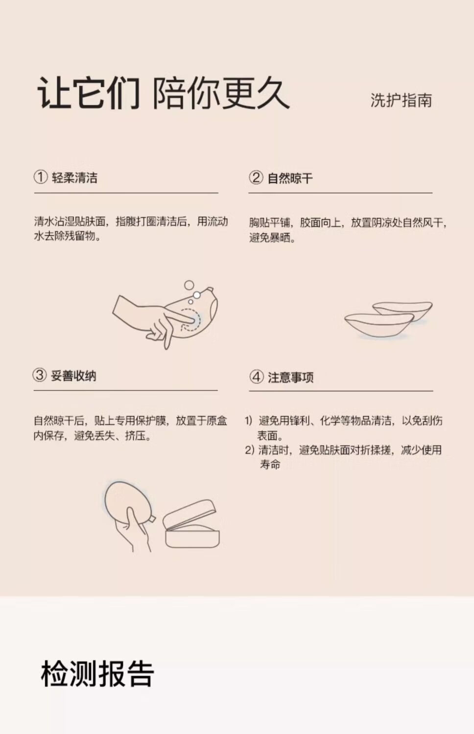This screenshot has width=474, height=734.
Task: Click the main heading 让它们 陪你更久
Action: [x=164, y=93]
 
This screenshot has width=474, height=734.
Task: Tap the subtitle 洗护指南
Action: [x=401, y=100]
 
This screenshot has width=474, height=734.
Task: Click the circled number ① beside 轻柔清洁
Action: [x=41, y=177]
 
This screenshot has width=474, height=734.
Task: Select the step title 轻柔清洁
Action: [x=75, y=177]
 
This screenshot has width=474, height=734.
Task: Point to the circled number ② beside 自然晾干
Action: [x=256, y=177]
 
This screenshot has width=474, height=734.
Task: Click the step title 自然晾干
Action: [x=290, y=178]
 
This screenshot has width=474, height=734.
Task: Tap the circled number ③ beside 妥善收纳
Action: [x=40, y=375]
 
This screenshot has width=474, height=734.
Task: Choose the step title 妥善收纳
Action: [x=73, y=376]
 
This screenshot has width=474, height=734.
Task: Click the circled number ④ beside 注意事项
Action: [x=257, y=377]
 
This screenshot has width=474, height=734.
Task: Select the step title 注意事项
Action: [x=291, y=377]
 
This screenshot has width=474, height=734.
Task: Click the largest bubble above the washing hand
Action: [x=189, y=285]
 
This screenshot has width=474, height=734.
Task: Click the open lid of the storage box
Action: [x=190, y=514]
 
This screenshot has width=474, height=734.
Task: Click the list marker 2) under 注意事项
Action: [x=249, y=450]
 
